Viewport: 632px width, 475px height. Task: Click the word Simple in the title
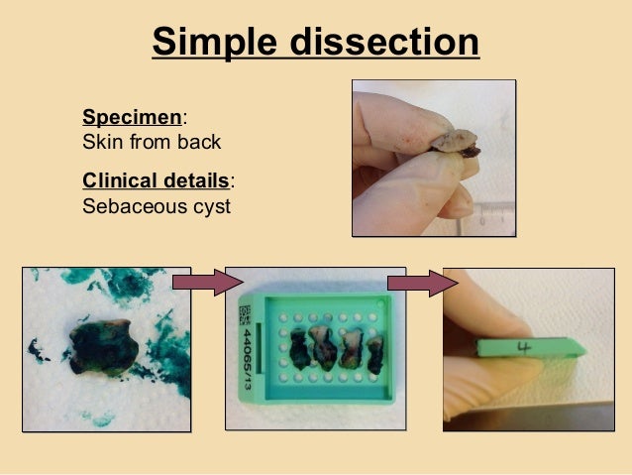(x=211, y=43)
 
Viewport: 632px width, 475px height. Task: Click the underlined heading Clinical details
(x=156, y=181)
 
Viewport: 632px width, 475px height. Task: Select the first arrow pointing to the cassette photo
(x=206, y=284)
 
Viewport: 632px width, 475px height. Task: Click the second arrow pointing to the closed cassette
(x=422, y=284)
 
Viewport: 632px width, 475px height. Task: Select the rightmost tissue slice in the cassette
(x=375, y=354)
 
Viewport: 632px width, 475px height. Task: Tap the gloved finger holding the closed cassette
(x=495, y=372)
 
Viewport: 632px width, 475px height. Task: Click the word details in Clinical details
(x=199, y=181)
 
